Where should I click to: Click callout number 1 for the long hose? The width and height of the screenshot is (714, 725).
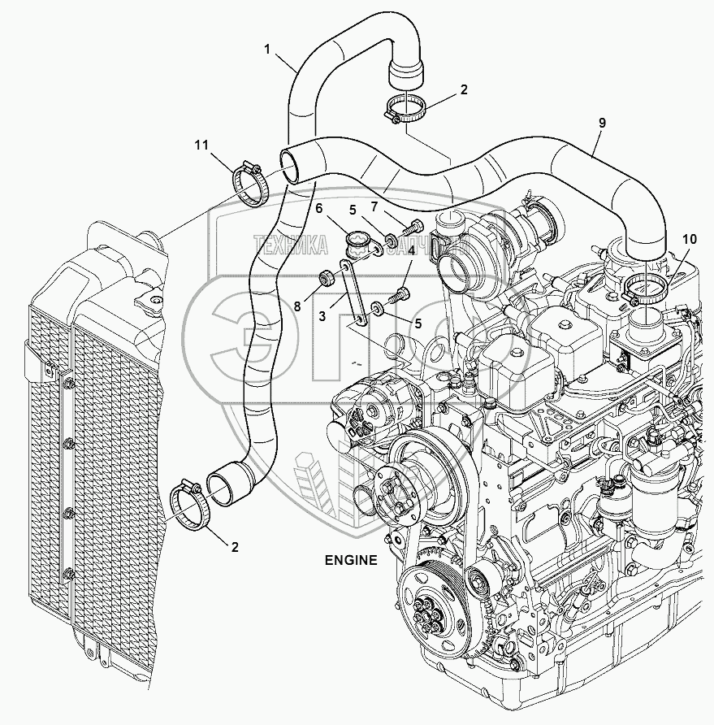[x=267, y=50]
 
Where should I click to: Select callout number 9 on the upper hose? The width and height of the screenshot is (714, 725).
[x=602, y=124]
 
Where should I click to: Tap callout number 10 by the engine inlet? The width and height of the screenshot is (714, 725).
[x=690, y=239]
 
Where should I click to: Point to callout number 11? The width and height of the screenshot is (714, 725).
[x=201, y=146]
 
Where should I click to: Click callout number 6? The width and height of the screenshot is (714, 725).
[x=319, y=209]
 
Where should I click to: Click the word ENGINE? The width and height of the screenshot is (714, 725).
[x=351, y=559]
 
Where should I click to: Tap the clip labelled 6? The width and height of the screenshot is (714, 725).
[x=357, y=241]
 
